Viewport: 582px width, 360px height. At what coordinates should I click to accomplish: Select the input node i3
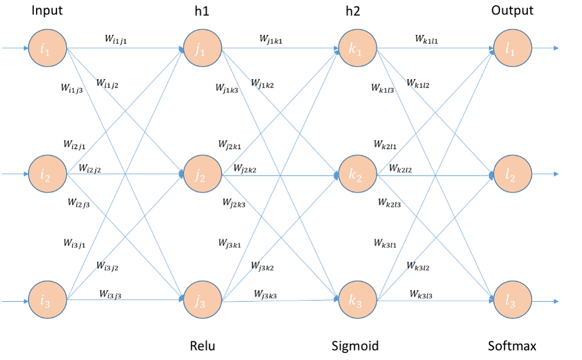point(47,301)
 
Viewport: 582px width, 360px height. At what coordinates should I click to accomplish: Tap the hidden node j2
point(202,173)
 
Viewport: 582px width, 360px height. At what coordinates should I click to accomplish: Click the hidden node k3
point(357,301)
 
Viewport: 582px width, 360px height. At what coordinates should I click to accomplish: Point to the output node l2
point(512,173)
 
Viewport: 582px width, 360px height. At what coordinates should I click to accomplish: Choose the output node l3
point(512,301)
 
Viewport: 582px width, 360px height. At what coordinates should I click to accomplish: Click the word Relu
point(202,347)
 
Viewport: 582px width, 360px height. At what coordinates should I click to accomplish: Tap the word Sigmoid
point(355,347)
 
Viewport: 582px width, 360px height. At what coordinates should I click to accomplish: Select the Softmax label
point(512,347)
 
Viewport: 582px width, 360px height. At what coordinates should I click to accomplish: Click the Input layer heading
point(47,10)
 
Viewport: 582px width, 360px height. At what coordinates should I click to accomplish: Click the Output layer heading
point(512,10)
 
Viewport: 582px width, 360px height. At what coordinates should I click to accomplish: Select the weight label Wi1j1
point(120,40)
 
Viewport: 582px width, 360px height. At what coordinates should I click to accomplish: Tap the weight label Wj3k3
point(265,294)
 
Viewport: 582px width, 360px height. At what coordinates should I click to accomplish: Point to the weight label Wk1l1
point(426,40)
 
